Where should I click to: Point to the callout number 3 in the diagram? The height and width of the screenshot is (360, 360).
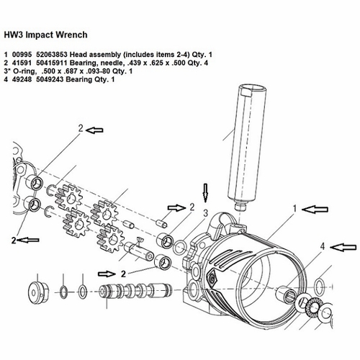[205, 214]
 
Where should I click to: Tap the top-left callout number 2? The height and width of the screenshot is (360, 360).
[80, 128]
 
